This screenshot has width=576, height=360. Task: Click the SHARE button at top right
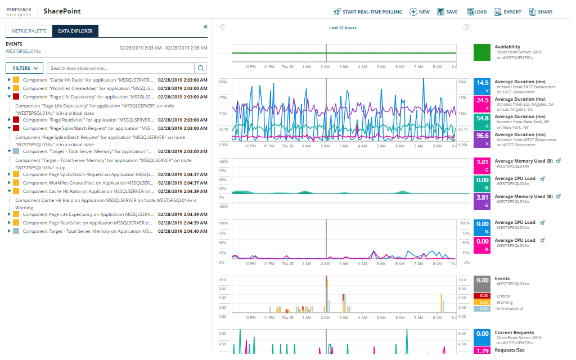pos(541,12)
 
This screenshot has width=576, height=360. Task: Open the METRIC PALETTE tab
pos(29,31)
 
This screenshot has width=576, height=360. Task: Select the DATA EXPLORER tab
pos(75,31)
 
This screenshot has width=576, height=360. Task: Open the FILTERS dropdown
pos(24,68)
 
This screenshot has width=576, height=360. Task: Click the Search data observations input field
pos(120,68)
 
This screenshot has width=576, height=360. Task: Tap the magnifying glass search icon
pos(201,68)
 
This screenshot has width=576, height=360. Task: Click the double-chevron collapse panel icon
pos(205,26)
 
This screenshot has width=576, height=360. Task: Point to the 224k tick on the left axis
pos(223,82)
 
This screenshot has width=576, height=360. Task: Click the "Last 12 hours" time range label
pos(343,28)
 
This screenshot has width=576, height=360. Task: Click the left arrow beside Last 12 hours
pos(223,27)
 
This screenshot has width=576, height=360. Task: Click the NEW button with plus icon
pos(420,12)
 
